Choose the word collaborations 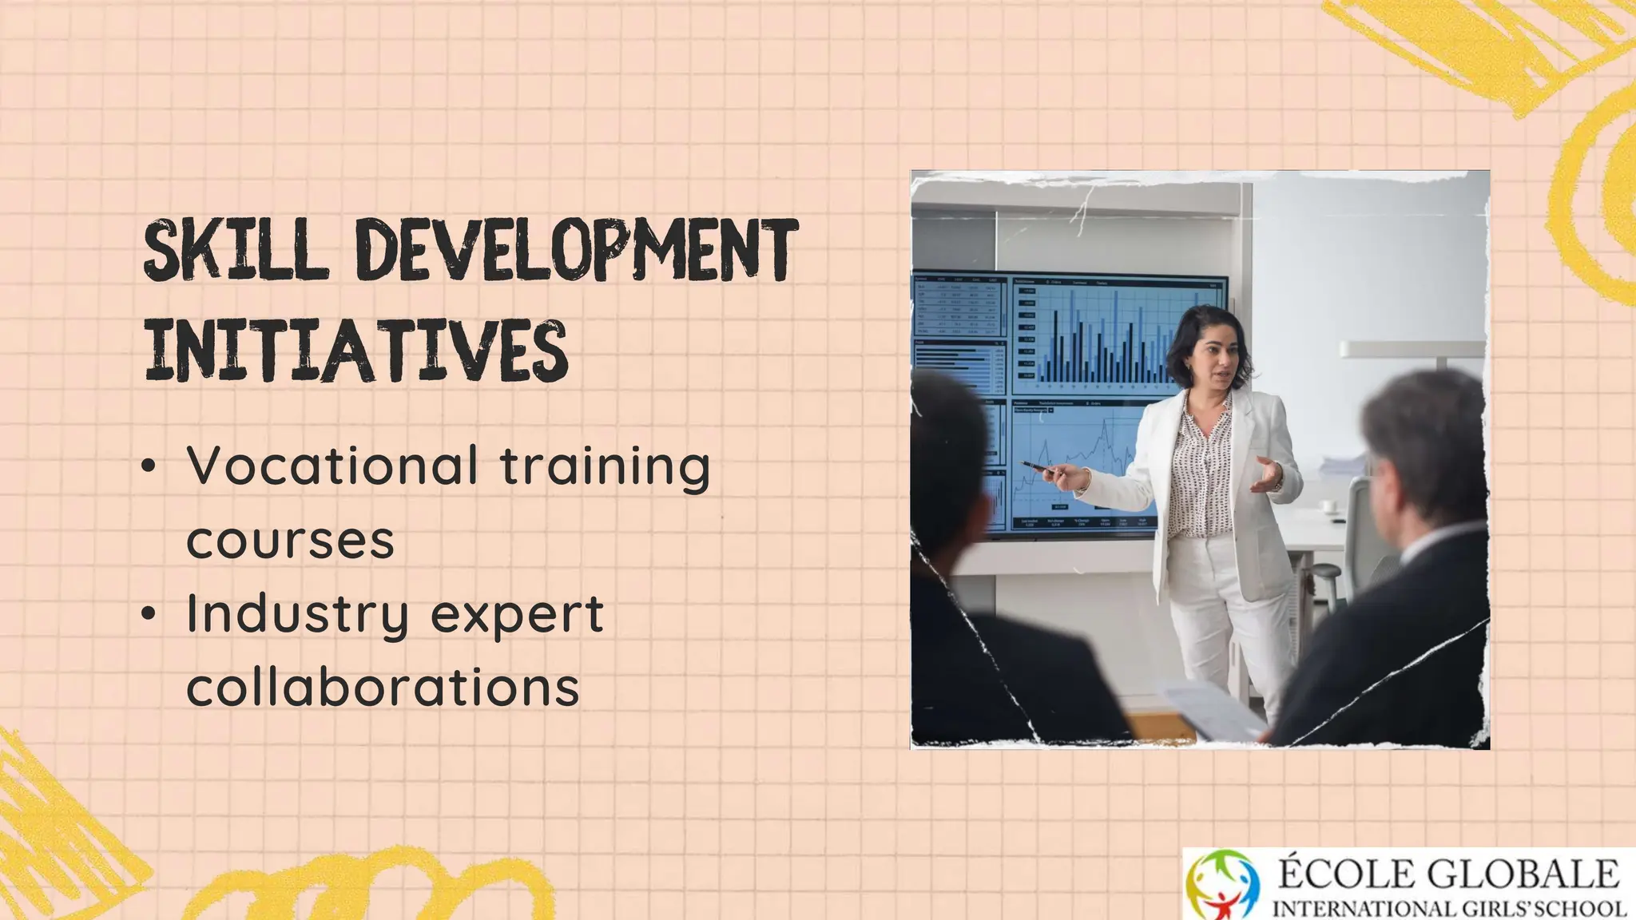(383, 687)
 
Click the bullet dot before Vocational (149, 467)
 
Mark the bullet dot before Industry (149, 614)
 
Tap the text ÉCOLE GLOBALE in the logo (1447, 874)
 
